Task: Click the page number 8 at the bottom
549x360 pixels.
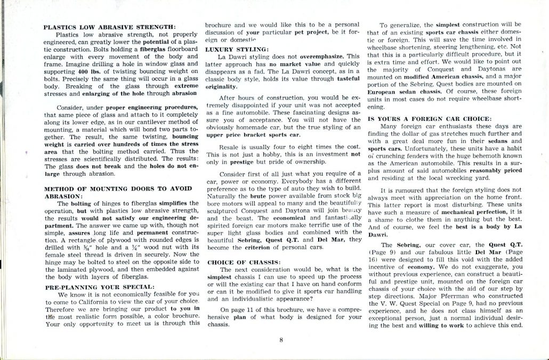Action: tap(280, 338)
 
